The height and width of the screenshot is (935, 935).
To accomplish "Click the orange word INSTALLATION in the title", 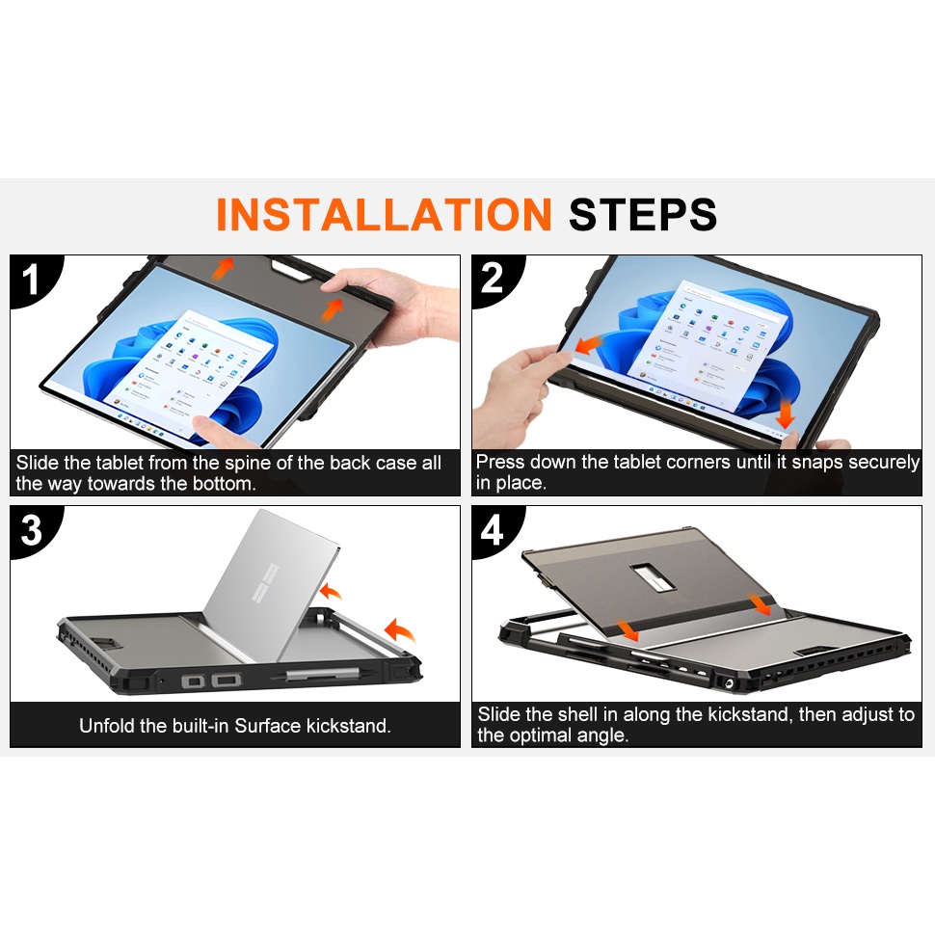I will click(383, 214).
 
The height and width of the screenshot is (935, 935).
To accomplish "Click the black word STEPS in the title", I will click(642, 214).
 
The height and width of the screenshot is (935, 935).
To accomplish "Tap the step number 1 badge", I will click(31, 280).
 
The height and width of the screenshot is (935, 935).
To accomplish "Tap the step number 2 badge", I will click(493, 279).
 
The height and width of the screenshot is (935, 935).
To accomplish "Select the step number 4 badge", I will click(493, 530).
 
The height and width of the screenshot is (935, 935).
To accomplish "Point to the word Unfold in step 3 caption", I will click(108, 726).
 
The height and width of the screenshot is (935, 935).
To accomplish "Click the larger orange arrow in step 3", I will click(399, 632).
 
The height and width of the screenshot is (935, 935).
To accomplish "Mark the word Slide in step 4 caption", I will click(498, 715).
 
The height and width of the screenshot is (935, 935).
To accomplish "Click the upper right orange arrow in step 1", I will click(334, 309).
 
